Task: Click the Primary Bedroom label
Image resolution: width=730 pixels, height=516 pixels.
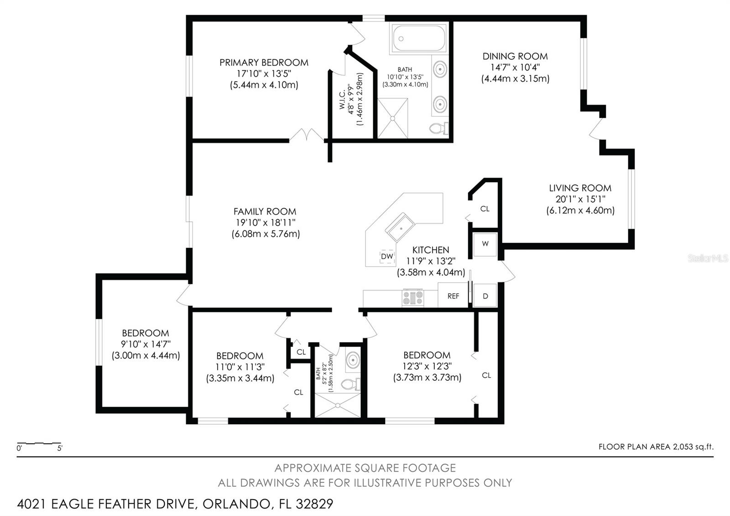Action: click(264, 63)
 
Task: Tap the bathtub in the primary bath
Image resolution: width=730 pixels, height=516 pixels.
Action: click(419, 39)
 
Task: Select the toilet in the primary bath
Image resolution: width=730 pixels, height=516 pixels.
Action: click(439, 128)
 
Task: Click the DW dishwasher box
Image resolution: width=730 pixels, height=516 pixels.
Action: click(387, 257)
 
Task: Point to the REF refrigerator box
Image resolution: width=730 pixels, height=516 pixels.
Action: click(453, 296)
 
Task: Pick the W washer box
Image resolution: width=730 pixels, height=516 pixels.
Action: click(485, 244)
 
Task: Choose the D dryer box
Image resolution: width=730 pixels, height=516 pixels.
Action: click(485, 296)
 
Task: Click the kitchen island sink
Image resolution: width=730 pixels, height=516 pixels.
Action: click(400, 227)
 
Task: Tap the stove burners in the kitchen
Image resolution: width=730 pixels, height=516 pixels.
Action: click(412, 298)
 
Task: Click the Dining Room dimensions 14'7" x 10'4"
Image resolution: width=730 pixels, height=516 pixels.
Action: click(515, 68)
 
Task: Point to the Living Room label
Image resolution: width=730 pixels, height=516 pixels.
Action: click(580, 188)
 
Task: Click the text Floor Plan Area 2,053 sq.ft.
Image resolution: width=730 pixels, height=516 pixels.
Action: click(656, 447)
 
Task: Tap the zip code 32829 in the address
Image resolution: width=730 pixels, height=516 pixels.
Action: click(315, 504)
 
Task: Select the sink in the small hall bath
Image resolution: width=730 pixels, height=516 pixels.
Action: click(352, 360)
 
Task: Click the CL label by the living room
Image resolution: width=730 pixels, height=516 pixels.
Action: click(485, 209)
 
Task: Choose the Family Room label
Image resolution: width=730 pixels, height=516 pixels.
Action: click(265, 211)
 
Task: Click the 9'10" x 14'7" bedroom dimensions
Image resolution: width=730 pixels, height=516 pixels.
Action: click(146, 344)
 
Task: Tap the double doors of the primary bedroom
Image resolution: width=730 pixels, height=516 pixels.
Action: click(307, 135)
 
